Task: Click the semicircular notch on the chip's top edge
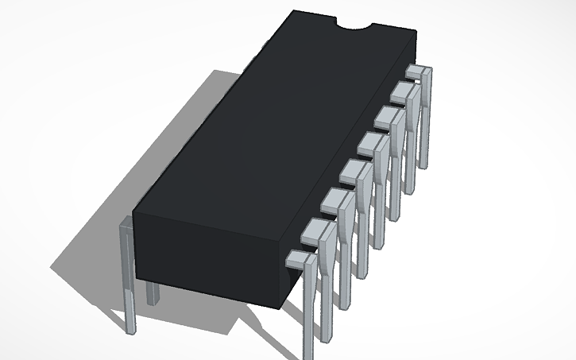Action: [x=356, y=29]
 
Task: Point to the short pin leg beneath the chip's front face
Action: [x=153, y=292]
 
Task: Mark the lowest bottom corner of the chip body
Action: [x=280, y=308]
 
